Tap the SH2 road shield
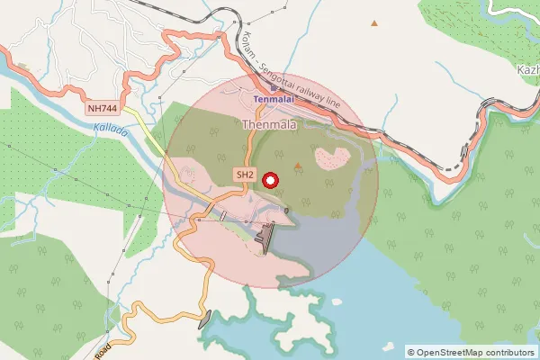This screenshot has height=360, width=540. coord(244,173)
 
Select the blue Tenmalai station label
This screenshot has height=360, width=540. coord(274,99)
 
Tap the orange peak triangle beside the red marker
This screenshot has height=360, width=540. coord(299,166)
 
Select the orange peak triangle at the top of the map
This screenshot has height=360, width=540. coord(374,22)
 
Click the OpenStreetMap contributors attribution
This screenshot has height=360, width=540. coord(471,352)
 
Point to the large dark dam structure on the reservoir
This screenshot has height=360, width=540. coord(265,238)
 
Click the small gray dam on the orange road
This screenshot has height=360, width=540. coord(205,319)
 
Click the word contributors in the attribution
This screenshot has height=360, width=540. coord(504,352)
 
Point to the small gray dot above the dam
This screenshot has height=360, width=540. coord(285,210)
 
